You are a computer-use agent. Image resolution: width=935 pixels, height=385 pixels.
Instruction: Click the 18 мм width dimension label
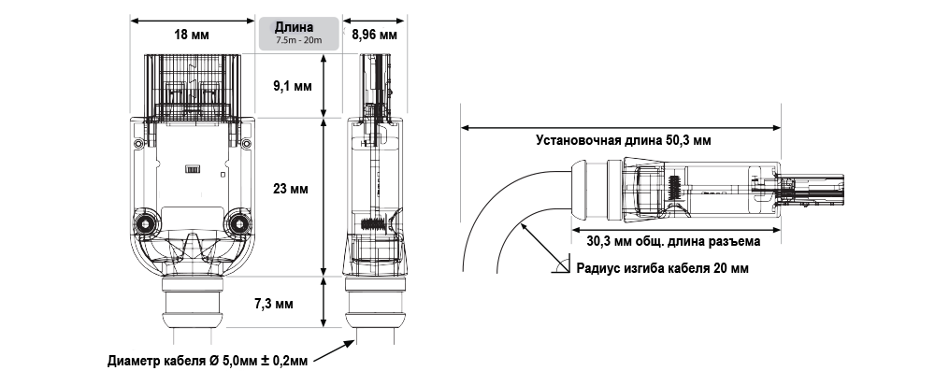point(192,36)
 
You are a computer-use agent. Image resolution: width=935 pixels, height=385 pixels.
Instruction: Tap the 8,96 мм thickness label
point(374,36)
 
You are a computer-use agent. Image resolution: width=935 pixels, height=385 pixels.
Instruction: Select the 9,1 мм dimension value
point(291,86)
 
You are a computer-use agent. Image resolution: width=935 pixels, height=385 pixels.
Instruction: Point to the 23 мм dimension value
point(291,189)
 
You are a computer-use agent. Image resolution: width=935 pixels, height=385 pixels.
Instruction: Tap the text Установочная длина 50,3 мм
point(624,142)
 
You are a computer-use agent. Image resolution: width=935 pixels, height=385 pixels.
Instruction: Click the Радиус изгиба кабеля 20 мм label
point(662,268)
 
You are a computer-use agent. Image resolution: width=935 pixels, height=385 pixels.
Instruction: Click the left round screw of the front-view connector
point(147,224)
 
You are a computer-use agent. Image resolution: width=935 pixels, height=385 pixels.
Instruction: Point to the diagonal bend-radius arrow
point(537,242)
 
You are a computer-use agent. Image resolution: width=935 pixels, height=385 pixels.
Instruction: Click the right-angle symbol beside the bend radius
point(559,267)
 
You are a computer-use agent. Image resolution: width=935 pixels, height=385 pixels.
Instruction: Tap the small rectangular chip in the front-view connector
point(191,169)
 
